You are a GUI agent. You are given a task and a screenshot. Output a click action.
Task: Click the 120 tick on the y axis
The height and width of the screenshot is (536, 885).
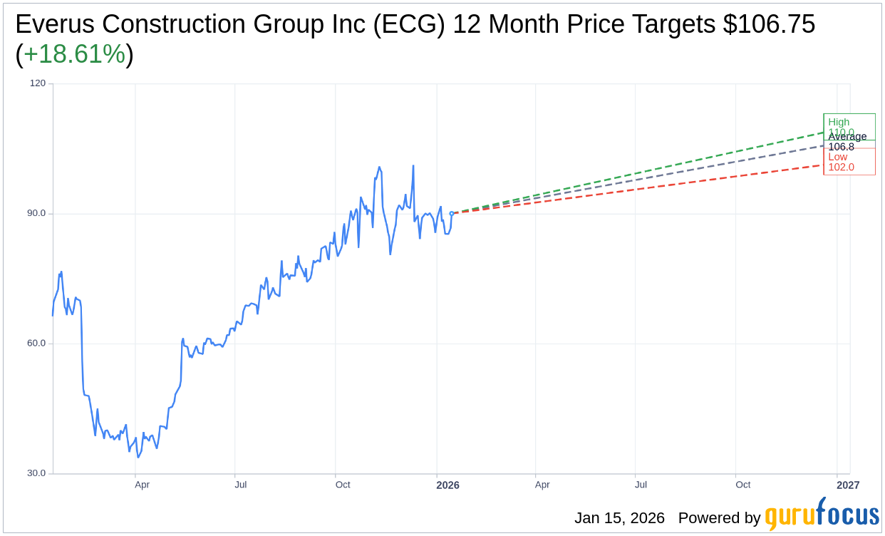click(x=37, y=83)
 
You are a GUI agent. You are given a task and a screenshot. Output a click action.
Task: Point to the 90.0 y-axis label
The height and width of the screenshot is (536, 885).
click(x=36, y=213)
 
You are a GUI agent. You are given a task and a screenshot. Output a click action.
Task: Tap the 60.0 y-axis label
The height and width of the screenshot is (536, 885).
click(x=36, y=343)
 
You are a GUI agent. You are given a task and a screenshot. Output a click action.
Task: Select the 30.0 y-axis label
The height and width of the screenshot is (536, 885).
click(x=36, y=473)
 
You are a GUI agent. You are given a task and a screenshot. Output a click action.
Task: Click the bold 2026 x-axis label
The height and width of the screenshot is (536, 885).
click(x=447, y=485)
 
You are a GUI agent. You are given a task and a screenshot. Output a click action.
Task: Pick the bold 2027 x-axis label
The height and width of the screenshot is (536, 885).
click(x=848, y=485)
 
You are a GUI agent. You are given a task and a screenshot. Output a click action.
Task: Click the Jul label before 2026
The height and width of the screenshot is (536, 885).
click(x=240, y=485)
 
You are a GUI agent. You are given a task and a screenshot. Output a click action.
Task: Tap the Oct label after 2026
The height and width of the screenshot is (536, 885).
click(x=743, y=485)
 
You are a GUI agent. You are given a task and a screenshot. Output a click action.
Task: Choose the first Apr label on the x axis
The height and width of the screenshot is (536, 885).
click(x=142, y=485)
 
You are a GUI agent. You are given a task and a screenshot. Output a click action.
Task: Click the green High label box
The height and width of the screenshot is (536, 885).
click(x=848, y=125)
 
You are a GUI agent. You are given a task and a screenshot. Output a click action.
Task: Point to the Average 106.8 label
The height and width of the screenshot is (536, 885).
click(x=847, y=142)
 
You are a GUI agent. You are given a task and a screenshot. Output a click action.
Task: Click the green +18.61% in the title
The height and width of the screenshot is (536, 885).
click(x=74, y=54)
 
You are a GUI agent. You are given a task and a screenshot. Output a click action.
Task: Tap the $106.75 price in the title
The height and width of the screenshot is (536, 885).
click(x=769, y=24)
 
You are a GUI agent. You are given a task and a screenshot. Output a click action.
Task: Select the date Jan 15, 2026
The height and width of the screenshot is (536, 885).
click(x=619, y=518)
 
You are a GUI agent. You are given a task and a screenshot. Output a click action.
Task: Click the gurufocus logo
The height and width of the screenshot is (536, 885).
click(x=822, y=515)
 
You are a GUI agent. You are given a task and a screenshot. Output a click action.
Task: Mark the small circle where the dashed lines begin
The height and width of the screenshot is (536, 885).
click(x=452, y=213)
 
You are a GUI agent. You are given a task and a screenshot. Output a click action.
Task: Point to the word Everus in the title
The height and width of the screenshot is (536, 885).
click(x=55, y=24)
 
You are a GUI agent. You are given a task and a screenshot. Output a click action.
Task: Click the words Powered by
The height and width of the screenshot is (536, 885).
click(x=719, y=518)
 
